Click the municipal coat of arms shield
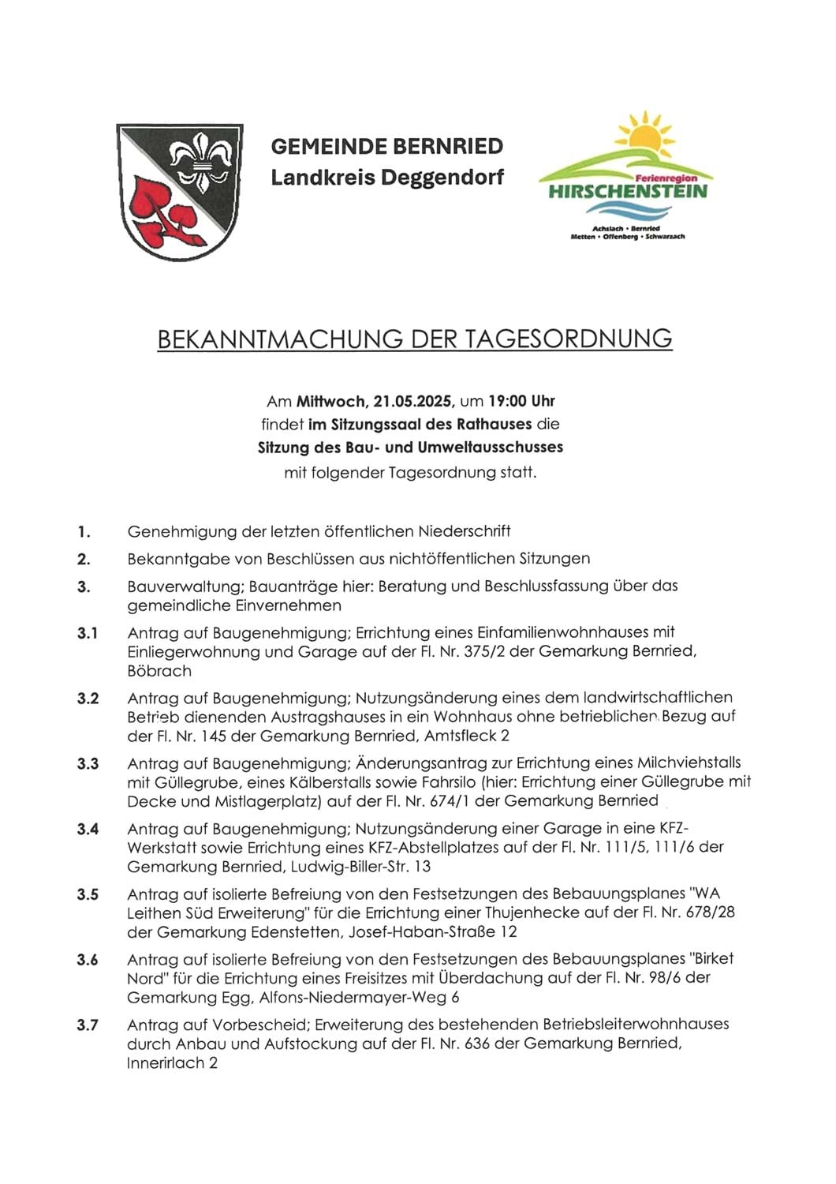coord(179,192)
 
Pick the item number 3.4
coord(88,829)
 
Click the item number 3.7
coord(88,1025)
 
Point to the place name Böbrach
coord(159,671)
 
